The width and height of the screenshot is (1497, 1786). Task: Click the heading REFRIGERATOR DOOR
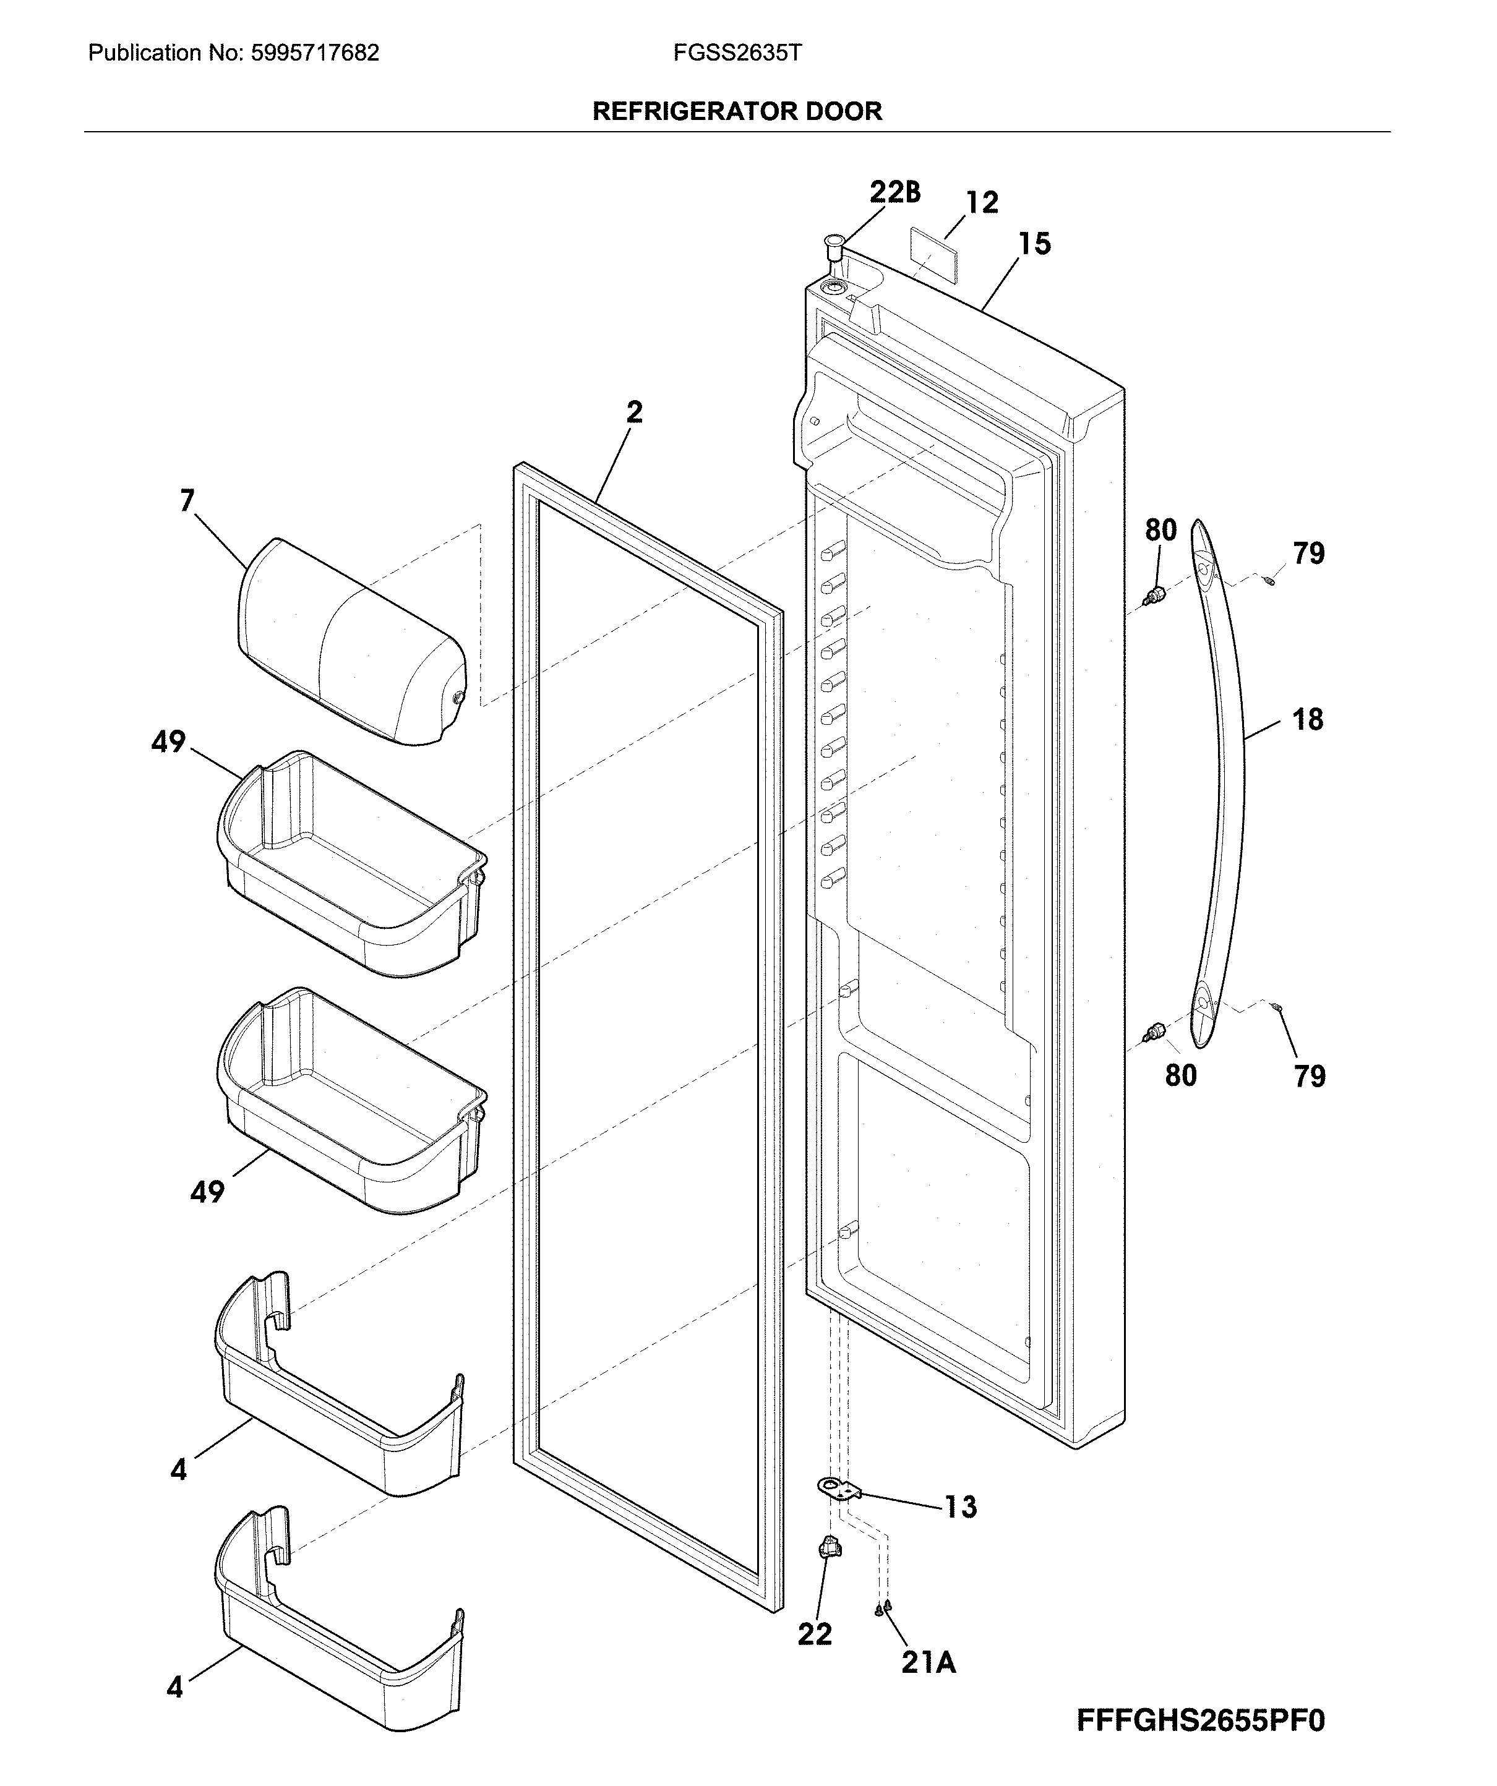[737, 111]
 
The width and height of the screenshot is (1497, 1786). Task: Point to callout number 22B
[894, 192]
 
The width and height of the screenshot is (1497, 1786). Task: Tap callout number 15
[1034, 244]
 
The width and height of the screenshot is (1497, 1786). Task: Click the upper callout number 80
[1160, 530]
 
